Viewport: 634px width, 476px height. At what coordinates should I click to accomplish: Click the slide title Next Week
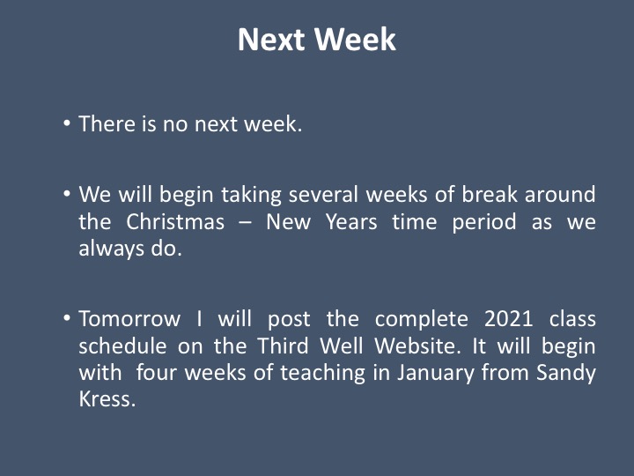317,40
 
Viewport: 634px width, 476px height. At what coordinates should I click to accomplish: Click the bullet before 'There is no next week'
67,123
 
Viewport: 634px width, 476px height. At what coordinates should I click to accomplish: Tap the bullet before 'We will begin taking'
67,193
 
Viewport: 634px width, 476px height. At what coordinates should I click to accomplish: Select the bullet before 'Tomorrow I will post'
67,317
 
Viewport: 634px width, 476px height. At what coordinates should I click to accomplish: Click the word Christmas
175,222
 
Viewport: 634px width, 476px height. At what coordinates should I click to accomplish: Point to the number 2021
509,318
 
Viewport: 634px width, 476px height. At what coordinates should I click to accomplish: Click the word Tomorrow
129,318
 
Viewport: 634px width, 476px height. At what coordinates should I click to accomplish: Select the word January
436,373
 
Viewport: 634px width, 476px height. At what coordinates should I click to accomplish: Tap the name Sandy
566,373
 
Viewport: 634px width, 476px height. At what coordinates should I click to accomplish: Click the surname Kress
107,399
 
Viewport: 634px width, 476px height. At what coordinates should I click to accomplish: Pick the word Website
417,346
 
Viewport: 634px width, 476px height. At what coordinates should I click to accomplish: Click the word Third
283,346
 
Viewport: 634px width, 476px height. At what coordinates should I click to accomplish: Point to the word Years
351,222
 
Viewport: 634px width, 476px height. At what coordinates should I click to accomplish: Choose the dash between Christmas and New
245,223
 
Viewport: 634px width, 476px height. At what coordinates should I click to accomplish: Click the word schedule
122,346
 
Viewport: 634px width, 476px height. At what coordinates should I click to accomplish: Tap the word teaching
322,373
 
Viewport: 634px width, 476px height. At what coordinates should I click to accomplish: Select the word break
490,194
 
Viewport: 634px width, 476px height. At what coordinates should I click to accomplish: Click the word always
111,249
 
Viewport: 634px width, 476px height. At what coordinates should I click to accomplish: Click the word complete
421,319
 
